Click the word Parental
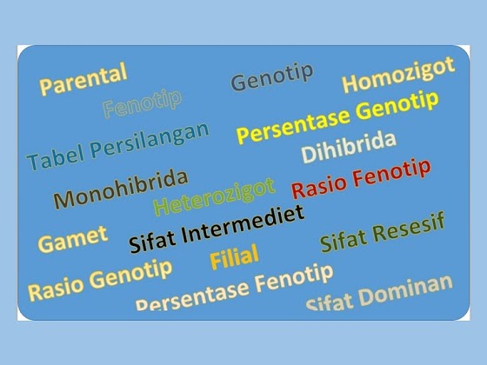pos(83,79)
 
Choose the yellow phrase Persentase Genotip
pos(337,120)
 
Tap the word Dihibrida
pos(348,148)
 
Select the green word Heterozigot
pos(214,196)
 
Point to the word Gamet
pos(73,238)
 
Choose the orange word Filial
pos(234,257)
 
